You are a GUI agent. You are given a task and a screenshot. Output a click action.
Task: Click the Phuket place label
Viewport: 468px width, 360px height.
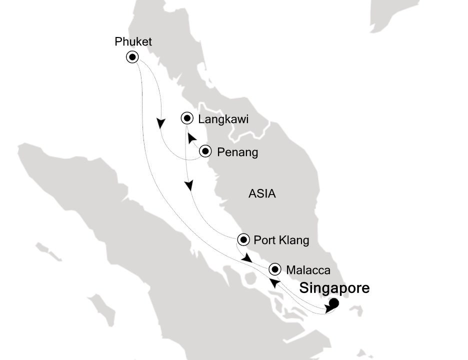pos(133,41)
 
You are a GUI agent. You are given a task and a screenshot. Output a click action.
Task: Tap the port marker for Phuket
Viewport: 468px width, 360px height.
pos(132,57)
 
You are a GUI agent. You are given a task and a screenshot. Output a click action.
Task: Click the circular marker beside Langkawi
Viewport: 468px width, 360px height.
pos(186,118)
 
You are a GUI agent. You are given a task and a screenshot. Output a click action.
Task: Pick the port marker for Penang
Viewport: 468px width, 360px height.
pos(205,151)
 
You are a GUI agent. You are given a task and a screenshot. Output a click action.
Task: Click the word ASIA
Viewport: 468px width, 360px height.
pos(262,194)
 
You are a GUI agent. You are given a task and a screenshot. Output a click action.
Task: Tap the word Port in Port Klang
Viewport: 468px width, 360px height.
pos(265,240)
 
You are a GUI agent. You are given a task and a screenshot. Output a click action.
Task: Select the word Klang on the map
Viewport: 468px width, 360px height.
pos(294,240)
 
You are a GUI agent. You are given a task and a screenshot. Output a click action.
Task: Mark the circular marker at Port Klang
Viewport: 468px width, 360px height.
pos(243,240)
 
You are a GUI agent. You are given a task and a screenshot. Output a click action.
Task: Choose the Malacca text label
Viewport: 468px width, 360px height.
pos(308,270)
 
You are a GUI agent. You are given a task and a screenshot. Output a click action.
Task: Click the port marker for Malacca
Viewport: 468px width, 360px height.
pos(275,269)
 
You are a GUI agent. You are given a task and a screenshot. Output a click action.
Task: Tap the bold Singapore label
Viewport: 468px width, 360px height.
pos(334,288)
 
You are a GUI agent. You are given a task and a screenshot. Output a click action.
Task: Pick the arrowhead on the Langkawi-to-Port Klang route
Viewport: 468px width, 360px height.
pos(189,185)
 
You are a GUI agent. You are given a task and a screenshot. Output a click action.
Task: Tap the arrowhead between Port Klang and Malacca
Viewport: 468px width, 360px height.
pos(246,258)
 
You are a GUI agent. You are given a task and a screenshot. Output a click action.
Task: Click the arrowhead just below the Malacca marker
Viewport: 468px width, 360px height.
pos(274,283)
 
